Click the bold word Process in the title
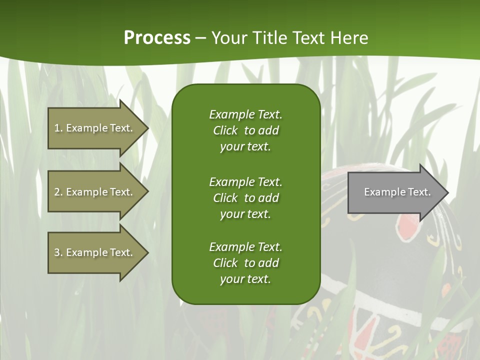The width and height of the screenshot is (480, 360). (157, 38)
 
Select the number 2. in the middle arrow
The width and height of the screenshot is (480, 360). (58, 192)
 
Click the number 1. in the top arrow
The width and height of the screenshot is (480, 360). (58, 128)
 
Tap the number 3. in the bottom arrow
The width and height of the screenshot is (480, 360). (58, 252)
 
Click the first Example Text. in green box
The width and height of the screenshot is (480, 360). (245, 114)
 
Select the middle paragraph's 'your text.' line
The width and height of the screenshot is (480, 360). (245, 214)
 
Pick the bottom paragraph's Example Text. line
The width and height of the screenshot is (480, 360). (245, 247)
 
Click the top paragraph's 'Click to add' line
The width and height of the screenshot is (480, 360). (245, 130)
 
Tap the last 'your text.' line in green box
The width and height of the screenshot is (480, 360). (245, 279)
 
